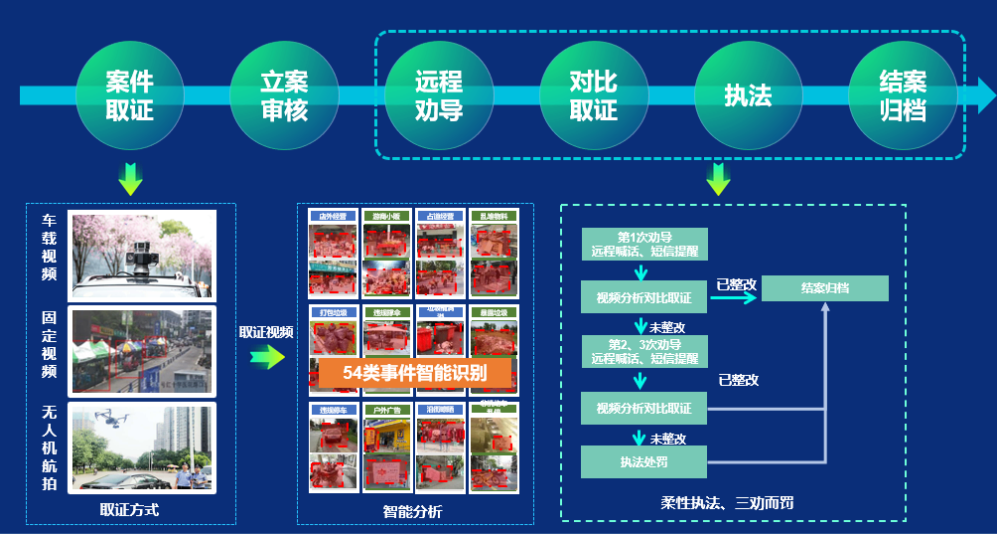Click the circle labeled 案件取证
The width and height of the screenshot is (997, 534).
(x=130, y=95)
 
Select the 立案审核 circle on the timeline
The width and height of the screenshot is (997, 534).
(x=284, y=95)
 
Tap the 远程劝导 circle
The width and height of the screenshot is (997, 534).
(x=439, y=95)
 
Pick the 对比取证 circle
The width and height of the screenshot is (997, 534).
(x=594, y=95)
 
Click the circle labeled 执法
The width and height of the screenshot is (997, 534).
(x=748, y=95)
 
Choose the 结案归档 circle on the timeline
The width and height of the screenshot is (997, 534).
(x=903, y=95)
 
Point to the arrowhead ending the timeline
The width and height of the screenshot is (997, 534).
(x=986, y=95)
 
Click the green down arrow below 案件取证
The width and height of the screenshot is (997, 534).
(x=130, y=178)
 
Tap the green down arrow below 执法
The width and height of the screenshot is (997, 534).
(x=718, y=179)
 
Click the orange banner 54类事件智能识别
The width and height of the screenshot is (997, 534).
(x=415, y=374)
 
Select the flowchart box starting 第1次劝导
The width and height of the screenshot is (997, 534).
(x=644, y=244)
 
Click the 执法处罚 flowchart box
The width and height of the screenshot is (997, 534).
(x=644, y=461)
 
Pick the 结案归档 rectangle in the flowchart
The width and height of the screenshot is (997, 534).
(x=825, y=288)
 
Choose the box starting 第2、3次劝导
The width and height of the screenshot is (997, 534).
(x=644, y=351)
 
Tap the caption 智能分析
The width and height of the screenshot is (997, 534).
(x=413, y=511)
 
